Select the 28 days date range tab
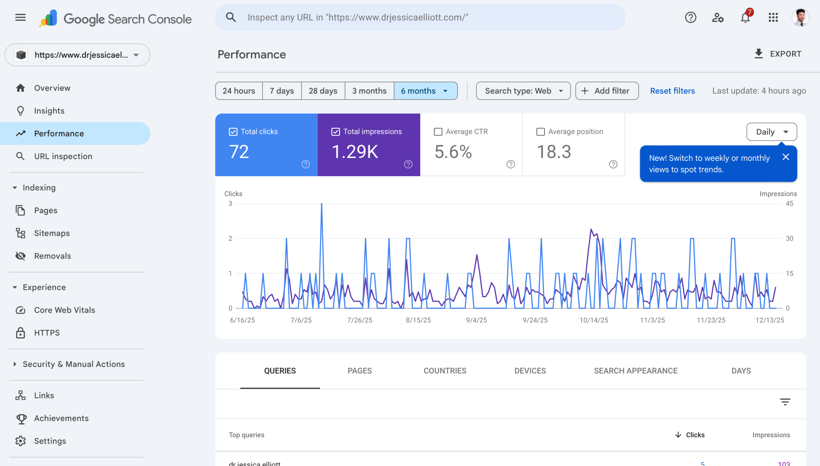pos(323,91)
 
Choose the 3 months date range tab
pos(369,91)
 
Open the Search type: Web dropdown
pos(523,91)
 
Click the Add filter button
pos(607,91)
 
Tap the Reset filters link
pos(672,91)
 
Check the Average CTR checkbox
pos(438,132)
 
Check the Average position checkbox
pos(540,132)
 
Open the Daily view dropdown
pos(771,132)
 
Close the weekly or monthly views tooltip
pos(786,157)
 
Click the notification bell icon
pos(745,18)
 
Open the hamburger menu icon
pos(20,18)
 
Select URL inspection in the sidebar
pos(63,156)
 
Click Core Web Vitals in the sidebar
pos(64,310)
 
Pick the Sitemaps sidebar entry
pos(52,233)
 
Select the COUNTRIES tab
pos(445,371)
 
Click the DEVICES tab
pos(530,371)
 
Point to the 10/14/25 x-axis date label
pos(594,320)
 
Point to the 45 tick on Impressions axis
pos(789,203)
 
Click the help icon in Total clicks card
pos(306,164)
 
